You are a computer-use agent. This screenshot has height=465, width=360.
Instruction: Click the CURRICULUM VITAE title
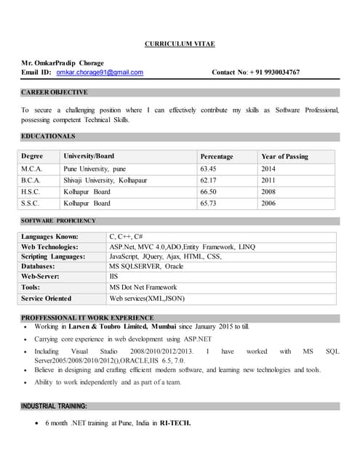click(180, 44)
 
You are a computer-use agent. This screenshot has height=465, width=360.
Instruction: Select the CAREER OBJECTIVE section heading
click(55, 92)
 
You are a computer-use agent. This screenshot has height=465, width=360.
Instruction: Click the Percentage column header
click(217, 156)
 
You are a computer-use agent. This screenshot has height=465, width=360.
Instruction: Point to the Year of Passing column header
click(284, 156)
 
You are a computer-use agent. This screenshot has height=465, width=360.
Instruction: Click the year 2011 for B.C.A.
click(268, 180)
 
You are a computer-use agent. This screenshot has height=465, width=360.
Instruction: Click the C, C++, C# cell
click(126, 237)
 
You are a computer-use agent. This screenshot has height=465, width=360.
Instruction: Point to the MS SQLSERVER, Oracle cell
click(146, 267)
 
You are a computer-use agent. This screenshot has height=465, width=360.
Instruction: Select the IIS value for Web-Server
click(113, 277)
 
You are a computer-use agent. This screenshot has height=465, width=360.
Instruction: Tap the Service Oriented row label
click(47, 298)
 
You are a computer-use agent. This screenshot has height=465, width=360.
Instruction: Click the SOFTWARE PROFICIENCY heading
click(58, 220)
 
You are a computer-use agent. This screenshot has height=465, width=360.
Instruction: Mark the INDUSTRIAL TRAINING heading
click(54, 406)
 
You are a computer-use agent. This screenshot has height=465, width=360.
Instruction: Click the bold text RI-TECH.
click(175, 423)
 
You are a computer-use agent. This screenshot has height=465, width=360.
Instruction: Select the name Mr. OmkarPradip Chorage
click(63, 63)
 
